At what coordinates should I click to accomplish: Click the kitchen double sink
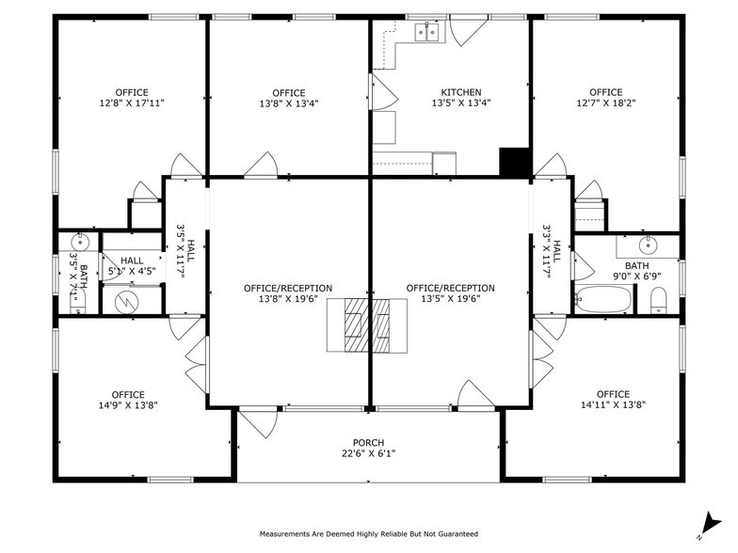[x=426, y=32]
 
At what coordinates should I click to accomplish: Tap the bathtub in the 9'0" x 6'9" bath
[x=604, y=300]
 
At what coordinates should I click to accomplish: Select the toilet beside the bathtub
[x=659, y=301]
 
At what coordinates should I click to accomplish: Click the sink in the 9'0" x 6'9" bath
[x=648, y=246]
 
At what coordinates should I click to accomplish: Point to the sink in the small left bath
[x=78, y=243]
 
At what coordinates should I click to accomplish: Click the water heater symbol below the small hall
[x=127, y=302]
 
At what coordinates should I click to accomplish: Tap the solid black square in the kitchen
[x=515, y=163]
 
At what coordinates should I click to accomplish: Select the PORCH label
[x=368, y=443]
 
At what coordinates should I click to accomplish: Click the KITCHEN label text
[x=461, y=92]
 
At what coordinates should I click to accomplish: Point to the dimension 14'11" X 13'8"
[x=613, y=405]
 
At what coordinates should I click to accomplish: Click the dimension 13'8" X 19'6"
[x=289, y=299]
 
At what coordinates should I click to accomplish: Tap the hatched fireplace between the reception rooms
[x=368, y=324]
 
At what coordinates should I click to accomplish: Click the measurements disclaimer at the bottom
[x=369, y=533]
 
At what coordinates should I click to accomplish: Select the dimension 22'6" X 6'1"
[x=368, y=454]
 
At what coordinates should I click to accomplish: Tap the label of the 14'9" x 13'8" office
[x=128, y=394]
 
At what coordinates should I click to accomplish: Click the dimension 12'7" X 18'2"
[x=605, y=103]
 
